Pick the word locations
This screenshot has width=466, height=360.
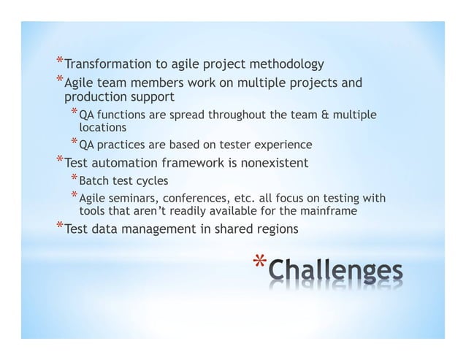coord(102,126)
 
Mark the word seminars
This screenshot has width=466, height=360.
coord(136,199)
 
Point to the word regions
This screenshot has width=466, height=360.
coord(275,229)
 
